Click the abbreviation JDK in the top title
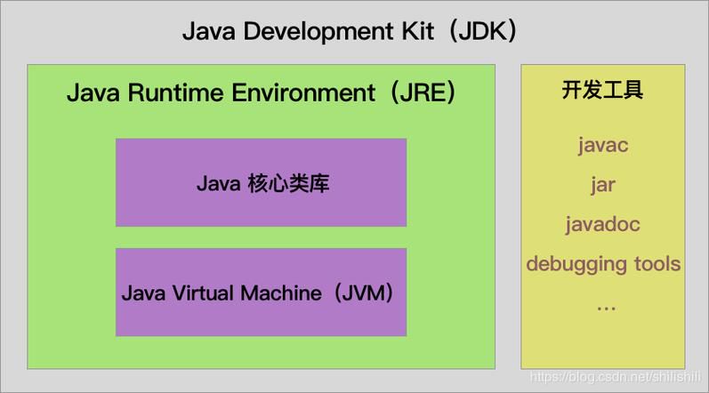point(482,32)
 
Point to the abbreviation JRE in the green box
point(423,92)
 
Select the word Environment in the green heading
point(303,92)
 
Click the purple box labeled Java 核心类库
point(261,182)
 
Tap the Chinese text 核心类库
point(288,184)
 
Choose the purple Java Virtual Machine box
point(261,292)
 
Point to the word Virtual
point(203,293)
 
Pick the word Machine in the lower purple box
point(281,293)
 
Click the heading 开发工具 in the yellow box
point(602,90)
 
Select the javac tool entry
point(603,146)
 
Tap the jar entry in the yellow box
point(603,185)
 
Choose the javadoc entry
point(603,224)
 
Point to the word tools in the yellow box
point(657,264)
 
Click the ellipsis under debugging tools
point(606,309)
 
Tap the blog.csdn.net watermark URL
point(615,377)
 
